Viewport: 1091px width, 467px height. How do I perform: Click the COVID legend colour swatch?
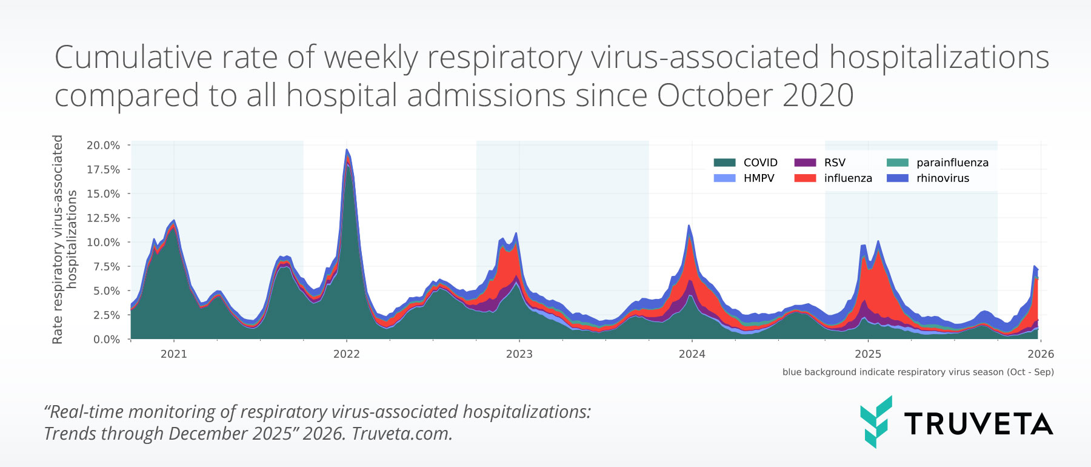pos(724,163)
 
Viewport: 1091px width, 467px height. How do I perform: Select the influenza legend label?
pos(847,178)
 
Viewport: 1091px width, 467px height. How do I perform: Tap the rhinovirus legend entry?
pos(942,178)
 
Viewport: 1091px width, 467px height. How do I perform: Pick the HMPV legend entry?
pos(758,178)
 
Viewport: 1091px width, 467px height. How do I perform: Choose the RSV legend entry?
pos(834,163)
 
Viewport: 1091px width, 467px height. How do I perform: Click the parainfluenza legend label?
pos(952,163)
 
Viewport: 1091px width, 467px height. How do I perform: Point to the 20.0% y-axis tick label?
pos(103,146)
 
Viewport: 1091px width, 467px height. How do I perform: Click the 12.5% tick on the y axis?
pos(103,218)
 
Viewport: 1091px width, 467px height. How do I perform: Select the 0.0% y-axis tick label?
pos(106,340)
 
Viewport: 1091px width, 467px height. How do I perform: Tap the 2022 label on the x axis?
pos(346,354)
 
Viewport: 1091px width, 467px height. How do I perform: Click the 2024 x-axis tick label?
pos(692,354)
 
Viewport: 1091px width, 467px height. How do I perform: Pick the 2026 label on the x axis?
pos(1041,354)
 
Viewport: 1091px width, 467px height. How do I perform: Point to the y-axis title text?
pos(64,240)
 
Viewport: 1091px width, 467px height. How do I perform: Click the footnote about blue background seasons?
pos(918,372)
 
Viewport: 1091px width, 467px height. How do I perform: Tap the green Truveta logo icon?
pos(876,422)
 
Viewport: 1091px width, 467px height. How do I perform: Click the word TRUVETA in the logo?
pos(978,424)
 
